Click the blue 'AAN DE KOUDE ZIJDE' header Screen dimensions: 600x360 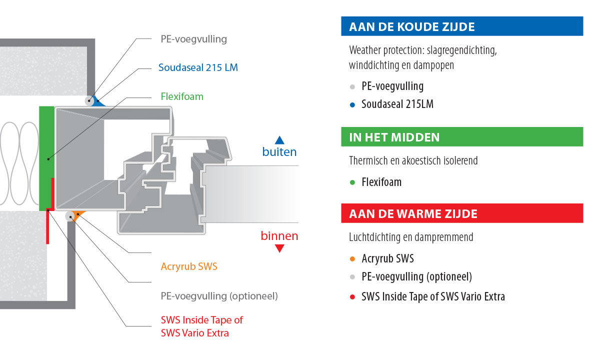click(462, 26)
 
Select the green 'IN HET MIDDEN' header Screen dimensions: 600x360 click(462, 137)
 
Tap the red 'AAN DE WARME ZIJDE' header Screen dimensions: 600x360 click(462, 213)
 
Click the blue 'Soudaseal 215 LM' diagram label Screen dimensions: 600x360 click(198, 67)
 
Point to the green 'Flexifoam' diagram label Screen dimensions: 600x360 click(182, 96)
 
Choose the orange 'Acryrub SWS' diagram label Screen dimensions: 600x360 click(189, 266)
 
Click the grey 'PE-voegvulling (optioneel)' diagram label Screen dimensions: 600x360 click(219, 296)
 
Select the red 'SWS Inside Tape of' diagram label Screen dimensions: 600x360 click(201, 320)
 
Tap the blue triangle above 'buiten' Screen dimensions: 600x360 click(279, 140)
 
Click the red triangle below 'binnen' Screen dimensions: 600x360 click(279, 248)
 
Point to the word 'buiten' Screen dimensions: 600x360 click(279, 152)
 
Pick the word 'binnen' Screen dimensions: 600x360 click(279, 236)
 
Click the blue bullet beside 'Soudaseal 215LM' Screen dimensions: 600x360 click(352, 105)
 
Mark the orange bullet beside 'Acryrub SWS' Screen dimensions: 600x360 click(352, 259)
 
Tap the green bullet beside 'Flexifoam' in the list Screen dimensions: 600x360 click(352, 182)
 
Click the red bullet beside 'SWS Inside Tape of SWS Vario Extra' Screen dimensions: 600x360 click(352, 297)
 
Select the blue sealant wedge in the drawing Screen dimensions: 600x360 click(97, 102)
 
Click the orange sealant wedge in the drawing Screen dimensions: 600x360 click(77, 214)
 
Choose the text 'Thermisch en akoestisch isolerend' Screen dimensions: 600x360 click(413, 160)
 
